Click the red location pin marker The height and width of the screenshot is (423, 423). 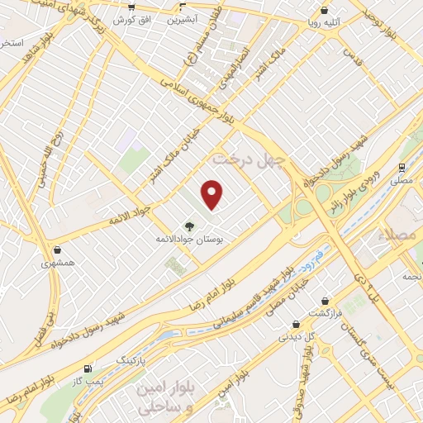pyautogui.click(x=213, y=194)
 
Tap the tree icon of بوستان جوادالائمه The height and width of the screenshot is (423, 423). pyautogui.click(x=190, y=226)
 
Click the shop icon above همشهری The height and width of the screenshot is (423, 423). pyautogui.click(x=57, y=250)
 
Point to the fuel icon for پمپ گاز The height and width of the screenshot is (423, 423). pyautogui.click(x=88, y=368)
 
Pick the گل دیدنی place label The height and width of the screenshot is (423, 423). pyautogui.click(x=298, y=336)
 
